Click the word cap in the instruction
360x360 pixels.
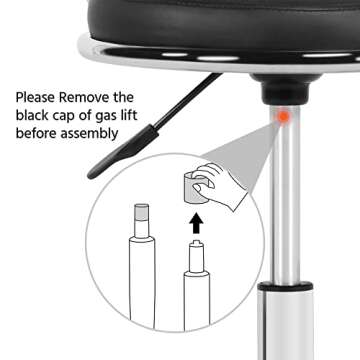pos(74,118)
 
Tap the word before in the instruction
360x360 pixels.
pos(39,137)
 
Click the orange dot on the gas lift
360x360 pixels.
pos(284,117)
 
